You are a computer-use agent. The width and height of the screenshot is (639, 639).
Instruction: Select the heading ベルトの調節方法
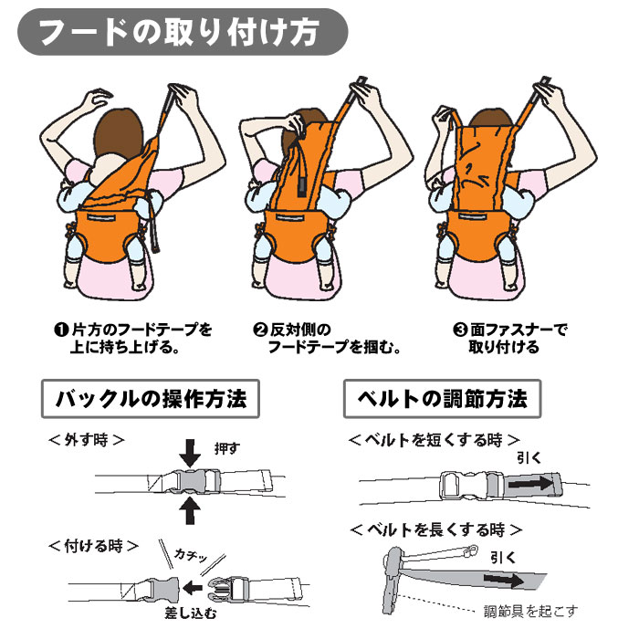[x=442, y=399]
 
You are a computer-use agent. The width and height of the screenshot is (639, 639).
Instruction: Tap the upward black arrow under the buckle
[x=191, y=509]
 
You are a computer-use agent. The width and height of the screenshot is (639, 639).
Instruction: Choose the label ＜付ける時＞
[x=92, y=545]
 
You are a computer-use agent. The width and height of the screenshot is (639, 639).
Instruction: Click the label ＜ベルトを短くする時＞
[x=434, y=439]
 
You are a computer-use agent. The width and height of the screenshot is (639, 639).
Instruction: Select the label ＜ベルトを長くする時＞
[x=435, y=529]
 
